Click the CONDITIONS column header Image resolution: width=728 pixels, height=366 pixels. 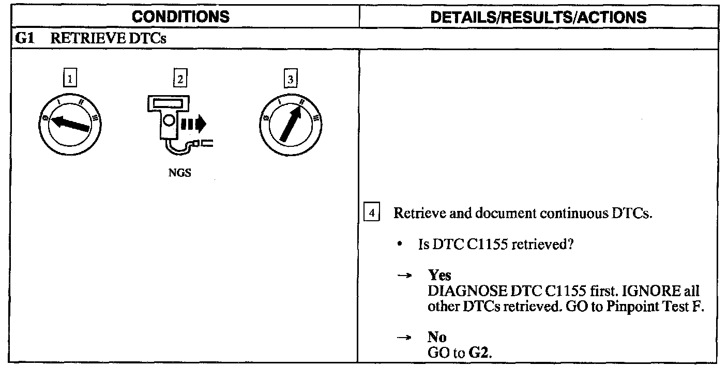(180, 17)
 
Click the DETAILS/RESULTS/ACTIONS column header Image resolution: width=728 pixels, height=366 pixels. (539, 17)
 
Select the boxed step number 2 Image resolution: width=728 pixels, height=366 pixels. (179, 79)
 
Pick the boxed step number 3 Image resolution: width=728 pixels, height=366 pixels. (291, 79)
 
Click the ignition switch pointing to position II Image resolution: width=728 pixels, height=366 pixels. (291, 125)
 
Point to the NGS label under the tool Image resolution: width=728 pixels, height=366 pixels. (179, 173)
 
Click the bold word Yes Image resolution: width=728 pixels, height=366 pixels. (439, 276)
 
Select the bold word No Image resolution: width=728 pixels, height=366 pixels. (437, 338)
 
